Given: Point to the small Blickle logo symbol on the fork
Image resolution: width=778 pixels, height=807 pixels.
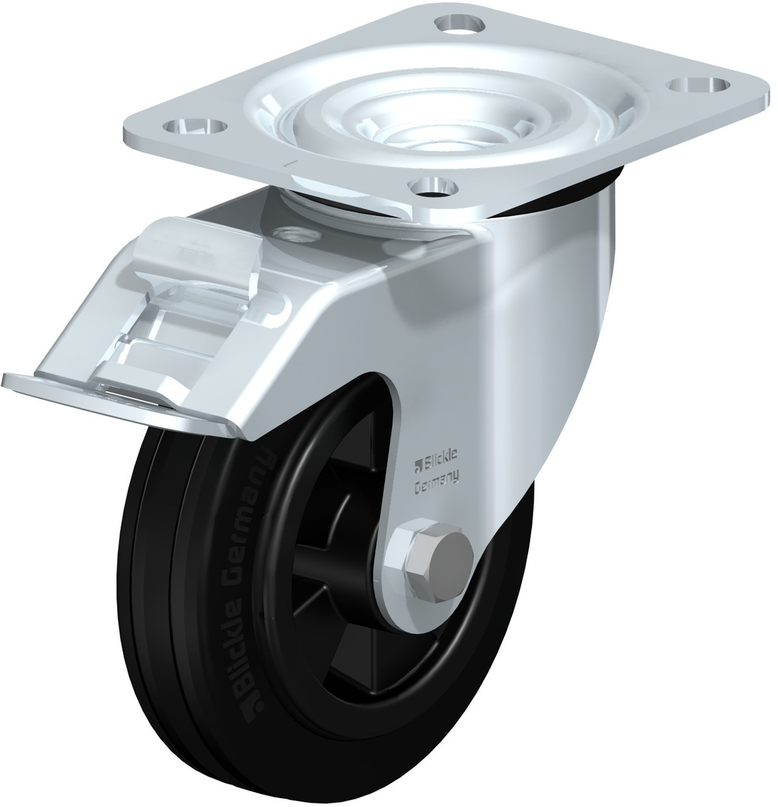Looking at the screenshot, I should (x=417, y=467).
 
